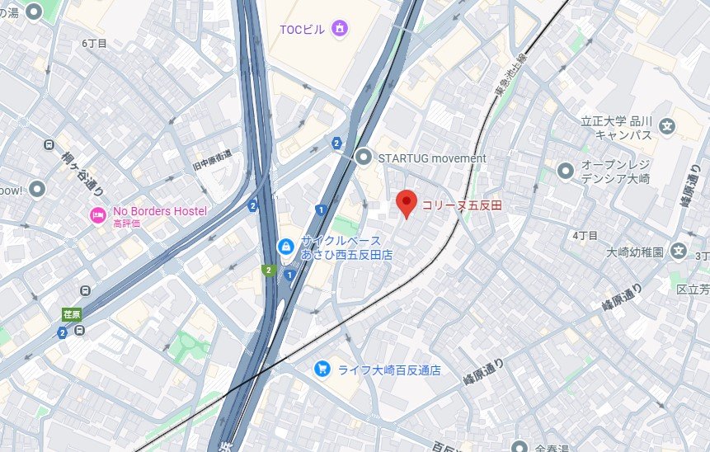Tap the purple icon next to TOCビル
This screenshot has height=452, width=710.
(x=338, y=30)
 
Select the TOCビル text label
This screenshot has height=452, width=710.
(x=303, y=30)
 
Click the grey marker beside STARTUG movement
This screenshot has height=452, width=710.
(x=364, y=157)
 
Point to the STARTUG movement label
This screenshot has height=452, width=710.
(x=431, y=158)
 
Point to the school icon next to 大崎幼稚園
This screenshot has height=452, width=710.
(x=678, y=251)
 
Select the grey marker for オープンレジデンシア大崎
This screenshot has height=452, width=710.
(x=565, y=172)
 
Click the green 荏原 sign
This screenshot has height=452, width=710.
(x=72, y=313)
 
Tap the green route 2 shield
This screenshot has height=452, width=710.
(x=267, y=270)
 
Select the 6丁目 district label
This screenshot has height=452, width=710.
(x=95, y=43)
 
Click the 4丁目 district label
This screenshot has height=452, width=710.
(x=585, y=235)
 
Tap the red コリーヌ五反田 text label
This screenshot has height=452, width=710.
(x=463, y=205)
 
